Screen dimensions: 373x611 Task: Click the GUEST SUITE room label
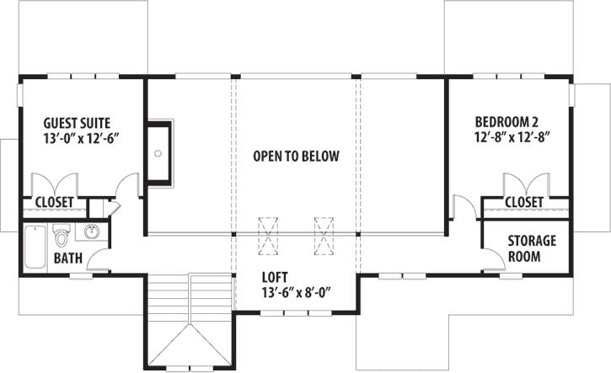coord(77,121)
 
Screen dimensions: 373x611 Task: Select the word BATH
coord(67,258)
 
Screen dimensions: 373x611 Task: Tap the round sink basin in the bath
coord(89,232)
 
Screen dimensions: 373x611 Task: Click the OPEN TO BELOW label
coord(297,156)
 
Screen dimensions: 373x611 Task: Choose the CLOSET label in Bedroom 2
coord(523,202)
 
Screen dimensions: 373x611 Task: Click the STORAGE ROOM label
coord(531,248)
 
